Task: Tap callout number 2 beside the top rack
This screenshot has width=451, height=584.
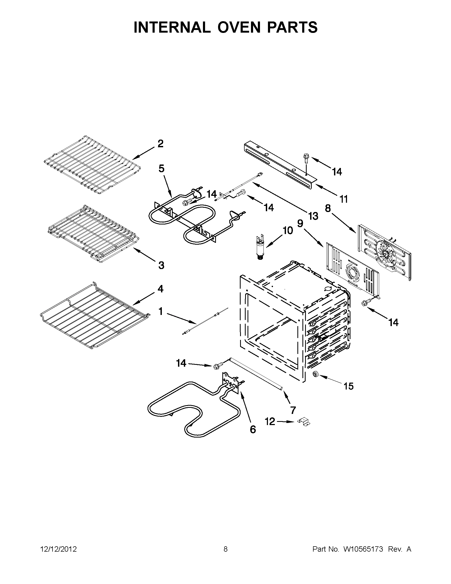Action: pos(160,144)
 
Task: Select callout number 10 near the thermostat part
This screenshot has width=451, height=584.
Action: pos(288,230)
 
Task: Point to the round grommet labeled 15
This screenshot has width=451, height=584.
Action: pos(316,374)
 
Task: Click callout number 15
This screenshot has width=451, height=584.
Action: pos(349,386)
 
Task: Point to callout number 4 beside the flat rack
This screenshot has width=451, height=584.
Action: pos(160,288)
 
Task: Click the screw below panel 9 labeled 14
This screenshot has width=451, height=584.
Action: pos(364,303)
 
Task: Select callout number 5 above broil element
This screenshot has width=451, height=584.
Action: pos(161,168)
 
